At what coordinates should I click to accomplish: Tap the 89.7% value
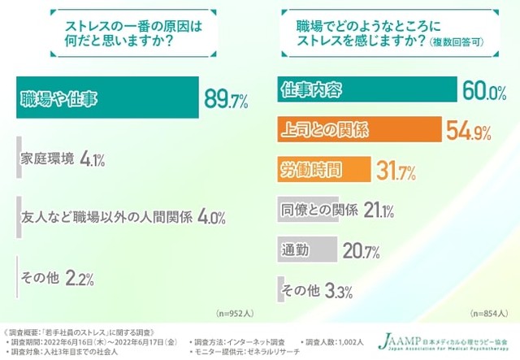(227, 100)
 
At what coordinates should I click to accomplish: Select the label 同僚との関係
(318, 210)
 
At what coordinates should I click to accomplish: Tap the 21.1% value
(378, 210)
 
